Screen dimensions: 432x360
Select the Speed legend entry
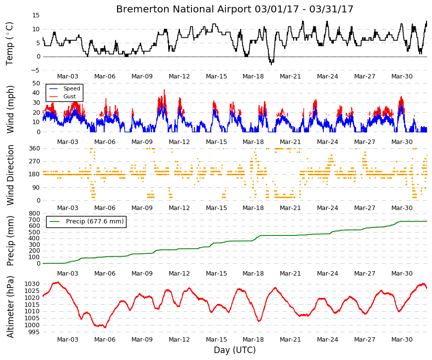pos(71,88)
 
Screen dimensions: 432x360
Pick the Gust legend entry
pos(69,96)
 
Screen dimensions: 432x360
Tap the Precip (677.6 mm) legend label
pos(95,221)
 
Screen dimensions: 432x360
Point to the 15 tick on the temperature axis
pos(36,15)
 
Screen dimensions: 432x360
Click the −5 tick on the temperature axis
pos(35,71)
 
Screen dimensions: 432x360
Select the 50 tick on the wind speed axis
pos(36,83)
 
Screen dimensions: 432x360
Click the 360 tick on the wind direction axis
pos(34,148)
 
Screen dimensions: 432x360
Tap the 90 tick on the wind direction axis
pos(36,188)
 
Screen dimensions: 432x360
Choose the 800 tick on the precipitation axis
pos(34,214)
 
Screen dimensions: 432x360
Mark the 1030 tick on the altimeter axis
pos(32,284)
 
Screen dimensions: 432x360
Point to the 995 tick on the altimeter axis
pos(34,332)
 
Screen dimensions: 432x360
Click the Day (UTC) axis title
pos(235,350)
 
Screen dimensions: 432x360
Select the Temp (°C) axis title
pos(9,44)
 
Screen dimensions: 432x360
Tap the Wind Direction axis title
pos(10,175)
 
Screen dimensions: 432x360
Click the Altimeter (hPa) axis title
pos(10,307)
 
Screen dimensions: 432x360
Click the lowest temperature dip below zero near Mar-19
pos(271,65)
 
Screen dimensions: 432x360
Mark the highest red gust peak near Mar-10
pos(165,90)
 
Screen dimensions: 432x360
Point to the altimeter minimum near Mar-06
pos(105,328)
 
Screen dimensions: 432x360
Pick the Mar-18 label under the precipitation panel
pos(253,274)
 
